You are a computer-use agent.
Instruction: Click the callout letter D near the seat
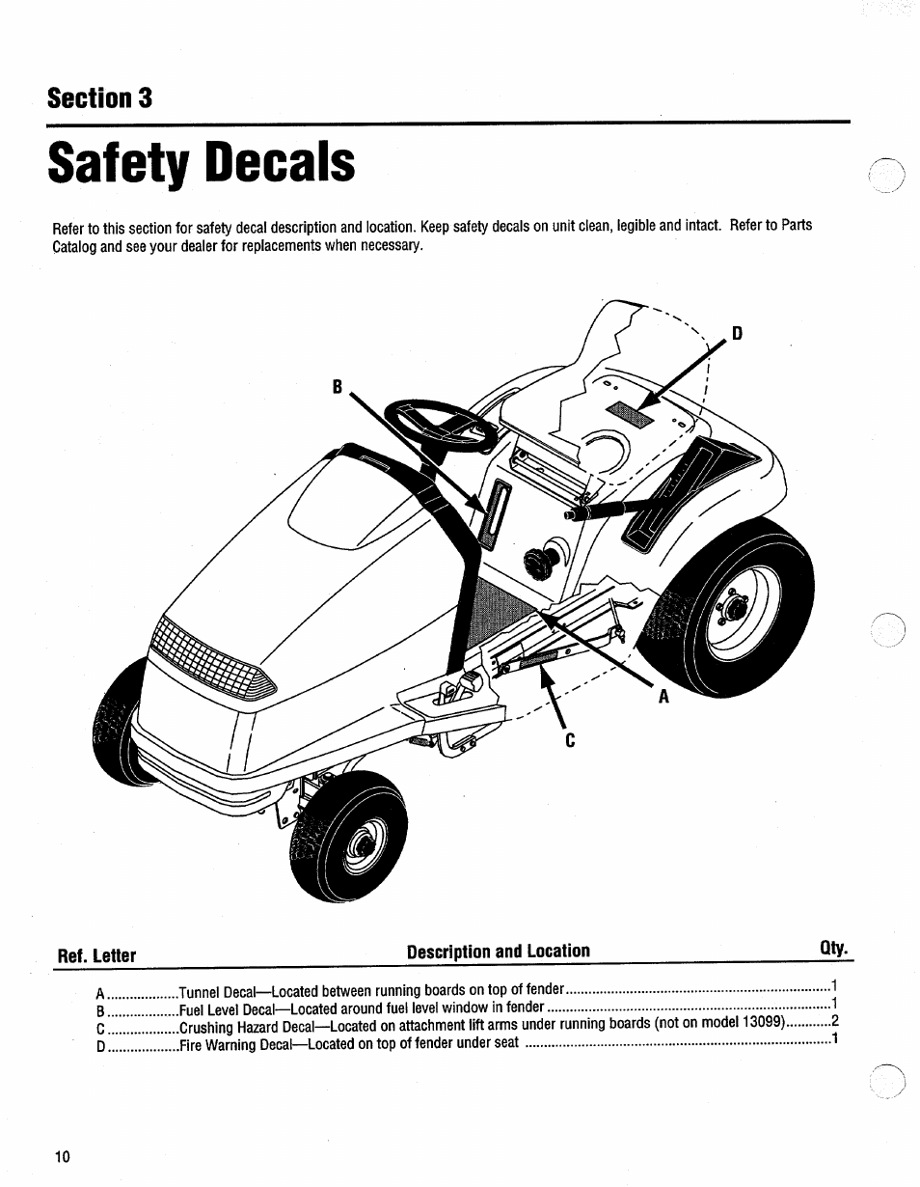pyautogui.click(x=737, y=334)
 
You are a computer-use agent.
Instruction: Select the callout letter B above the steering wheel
pyautogui.click(x=337, y=386)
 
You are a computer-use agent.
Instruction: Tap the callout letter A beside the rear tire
pyautogui.click(x=663, y=696)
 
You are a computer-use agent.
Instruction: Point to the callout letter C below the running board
pyautogui.click(x=570, y=740)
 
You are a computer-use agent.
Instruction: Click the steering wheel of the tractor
pyautogui.click(x=439, y=430)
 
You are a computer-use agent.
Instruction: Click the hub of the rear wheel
pyautogui.click(x=736, y=608)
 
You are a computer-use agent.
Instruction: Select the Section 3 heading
pyautogui.click(x=100, y=98)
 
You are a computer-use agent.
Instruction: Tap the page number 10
pyautogui.click(x=63, y=1157)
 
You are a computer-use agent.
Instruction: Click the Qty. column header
pyautogui.click(x=834, y=950)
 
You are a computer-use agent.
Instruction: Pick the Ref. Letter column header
pyautogui.click(x=96, y=955)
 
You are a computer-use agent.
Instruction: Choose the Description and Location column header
pyautogui.click(x=498, y=951)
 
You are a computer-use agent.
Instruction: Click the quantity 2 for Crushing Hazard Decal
pyautogui.click(x=835, y=1021)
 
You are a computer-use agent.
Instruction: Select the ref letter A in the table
pyautogui.click(x=100, y=993)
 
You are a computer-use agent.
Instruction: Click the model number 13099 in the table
pyautogui.click(x=759, y=1022)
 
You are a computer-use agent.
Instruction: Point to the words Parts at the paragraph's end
pyautogui.click(x=796, y=225)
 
